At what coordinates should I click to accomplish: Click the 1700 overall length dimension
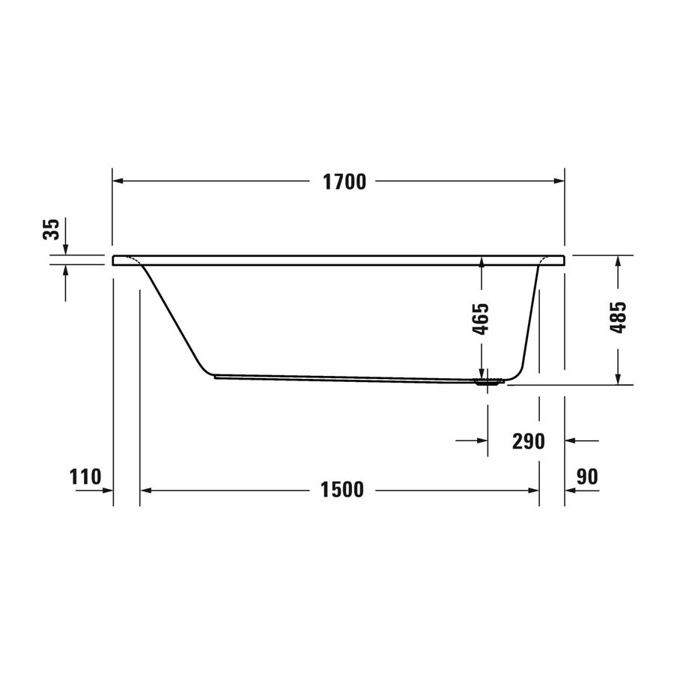(x=344, y=182)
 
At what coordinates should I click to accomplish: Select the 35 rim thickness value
(x=51, y=229)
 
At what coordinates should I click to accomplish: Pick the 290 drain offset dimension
(x=528, y=441)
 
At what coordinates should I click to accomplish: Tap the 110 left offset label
(x=85, y=477)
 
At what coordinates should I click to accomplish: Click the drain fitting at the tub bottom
(x=487, y=382)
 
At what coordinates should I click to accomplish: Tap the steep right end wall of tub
(x=530, y=315)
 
